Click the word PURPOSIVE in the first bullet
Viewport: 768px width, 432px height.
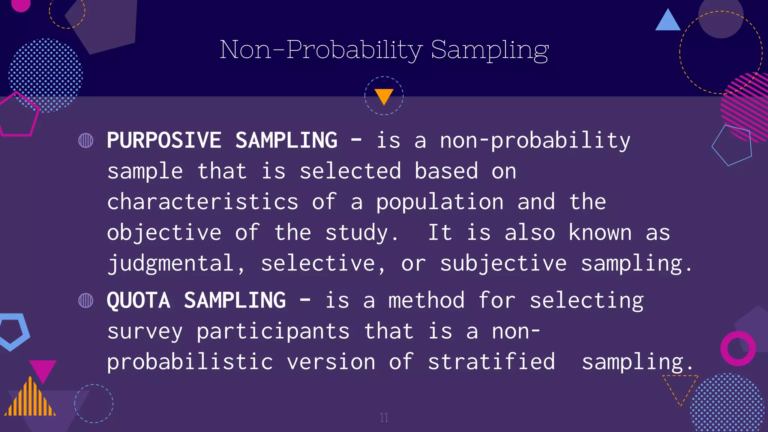coord(164,140)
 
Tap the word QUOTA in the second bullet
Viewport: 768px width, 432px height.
coord(138,300)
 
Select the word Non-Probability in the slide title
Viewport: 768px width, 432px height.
coord(321,49)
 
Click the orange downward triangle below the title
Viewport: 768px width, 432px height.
coord(384,96)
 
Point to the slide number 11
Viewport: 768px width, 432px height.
coord(384,417)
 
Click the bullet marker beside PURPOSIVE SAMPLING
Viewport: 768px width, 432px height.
coord(85,141)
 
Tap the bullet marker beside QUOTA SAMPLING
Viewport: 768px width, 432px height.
coord(85,300)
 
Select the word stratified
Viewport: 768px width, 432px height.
coord(491,362)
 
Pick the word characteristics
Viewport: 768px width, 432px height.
coord(202,202)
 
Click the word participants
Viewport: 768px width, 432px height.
coord(273,331)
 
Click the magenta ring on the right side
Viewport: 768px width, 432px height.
coord(738,348)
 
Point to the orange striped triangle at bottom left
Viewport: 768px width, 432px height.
coord(31,399)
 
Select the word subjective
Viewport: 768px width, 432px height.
coord(503,263)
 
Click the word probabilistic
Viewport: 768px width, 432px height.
coord(190,362)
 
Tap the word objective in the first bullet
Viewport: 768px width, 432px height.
coord(164,232)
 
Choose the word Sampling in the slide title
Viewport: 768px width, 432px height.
coord(490,49)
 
